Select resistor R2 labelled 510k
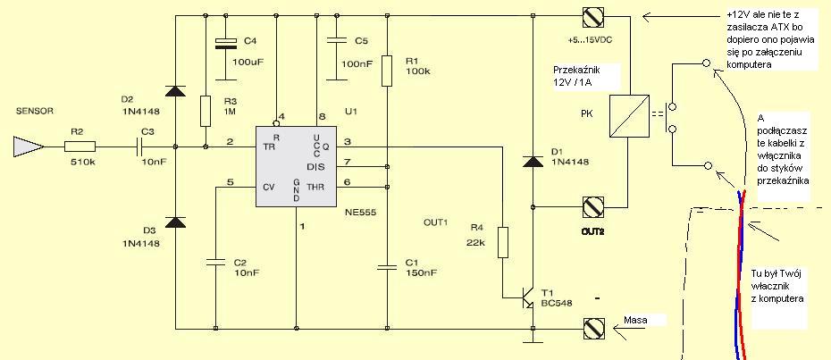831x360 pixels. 80,147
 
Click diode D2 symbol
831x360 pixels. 175,90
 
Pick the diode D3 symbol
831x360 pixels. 175,222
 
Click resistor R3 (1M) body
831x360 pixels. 206,111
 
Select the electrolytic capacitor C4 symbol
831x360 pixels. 226,44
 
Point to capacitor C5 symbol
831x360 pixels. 336,40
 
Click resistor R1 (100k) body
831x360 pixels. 388,70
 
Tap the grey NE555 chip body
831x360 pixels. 296,166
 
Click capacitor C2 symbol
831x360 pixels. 215,261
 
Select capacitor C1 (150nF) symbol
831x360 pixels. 388,268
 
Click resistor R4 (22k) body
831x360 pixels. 503,242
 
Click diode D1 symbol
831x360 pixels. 533,161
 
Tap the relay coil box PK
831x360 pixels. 628,116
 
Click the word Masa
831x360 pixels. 635,320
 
